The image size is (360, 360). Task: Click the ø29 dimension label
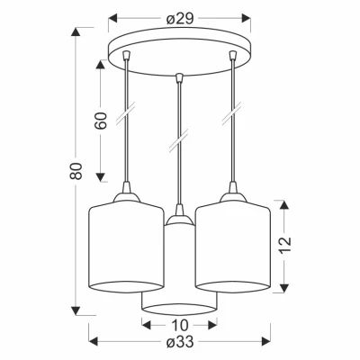coord(180,19)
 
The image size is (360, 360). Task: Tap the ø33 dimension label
coord(180,342)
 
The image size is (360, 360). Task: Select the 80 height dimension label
coord(76,171)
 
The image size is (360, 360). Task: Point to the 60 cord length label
coord(101,121)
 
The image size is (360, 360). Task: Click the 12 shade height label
coord(283,245)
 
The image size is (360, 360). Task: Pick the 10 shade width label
coord(179,325)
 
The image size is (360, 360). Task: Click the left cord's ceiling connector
coord(127,55)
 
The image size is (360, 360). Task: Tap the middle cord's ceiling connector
coord(180,77)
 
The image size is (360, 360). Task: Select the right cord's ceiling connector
coord(233,55)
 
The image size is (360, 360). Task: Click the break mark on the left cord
coord(126,112)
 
